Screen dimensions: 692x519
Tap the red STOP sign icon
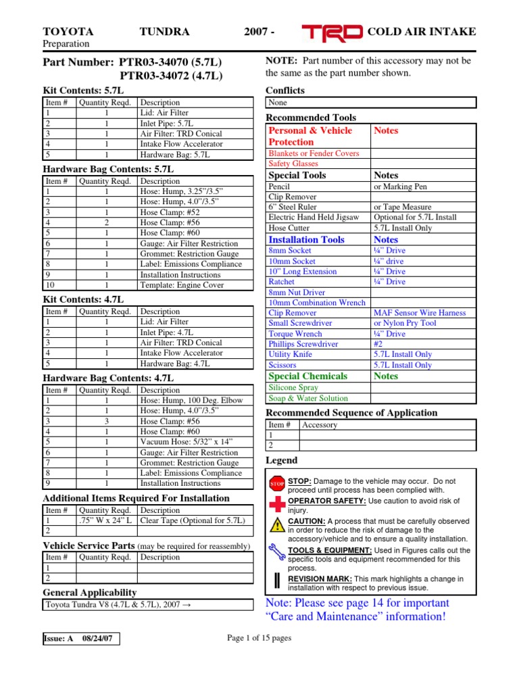point(277,484)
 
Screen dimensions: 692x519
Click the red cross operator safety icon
point(277,504)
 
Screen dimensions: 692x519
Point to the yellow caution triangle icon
point(277,526)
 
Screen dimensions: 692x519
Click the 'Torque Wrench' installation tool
point(295,334)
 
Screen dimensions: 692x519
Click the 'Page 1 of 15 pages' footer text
point(259,638)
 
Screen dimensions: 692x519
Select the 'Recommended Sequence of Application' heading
point(351,413)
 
